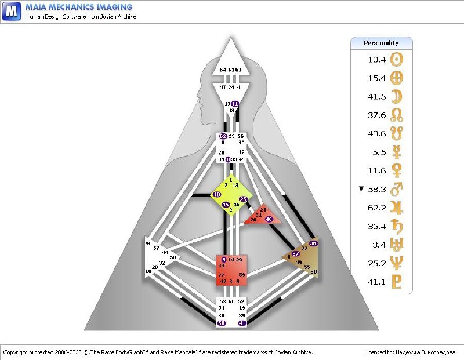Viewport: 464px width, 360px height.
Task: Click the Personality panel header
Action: click(x=381, y=43)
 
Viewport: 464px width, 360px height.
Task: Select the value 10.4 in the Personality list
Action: click(x=377, y=59)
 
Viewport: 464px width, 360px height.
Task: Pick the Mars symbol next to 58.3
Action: click(x=397, y=189)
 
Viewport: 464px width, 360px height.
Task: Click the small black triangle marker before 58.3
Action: click(x=361, y=189)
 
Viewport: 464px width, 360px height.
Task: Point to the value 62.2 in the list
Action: click(x=377, y=208)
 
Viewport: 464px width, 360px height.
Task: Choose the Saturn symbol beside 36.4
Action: click(x=397, y=226)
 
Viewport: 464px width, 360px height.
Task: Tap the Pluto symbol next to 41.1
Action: click(x=397, y=282)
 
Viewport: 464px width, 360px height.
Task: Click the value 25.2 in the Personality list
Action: click(x=377, y=263)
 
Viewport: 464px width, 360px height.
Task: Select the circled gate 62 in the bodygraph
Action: click(x=223, y=136)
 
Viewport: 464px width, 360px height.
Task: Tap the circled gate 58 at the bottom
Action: click(x=222, y=323)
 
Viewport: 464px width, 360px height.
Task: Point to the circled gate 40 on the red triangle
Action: click(x=269, y=219)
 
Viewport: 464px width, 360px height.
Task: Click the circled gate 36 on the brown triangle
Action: click(x=313, y=243)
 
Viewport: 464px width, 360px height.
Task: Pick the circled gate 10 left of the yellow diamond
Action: click(x=217, y=194)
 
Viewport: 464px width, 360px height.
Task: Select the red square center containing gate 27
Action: click(x=231, y=270)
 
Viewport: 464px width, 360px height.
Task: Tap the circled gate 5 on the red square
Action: click(x=224, y=259)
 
